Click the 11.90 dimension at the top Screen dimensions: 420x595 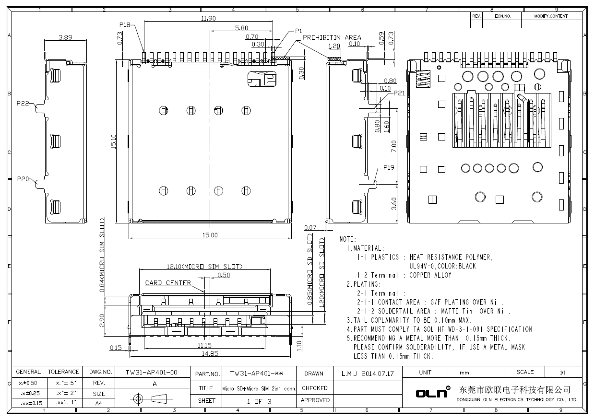click(x=208, y=18)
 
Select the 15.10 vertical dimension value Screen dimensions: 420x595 click(x=113, y=141)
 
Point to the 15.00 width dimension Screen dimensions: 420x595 click(x=210, y=235)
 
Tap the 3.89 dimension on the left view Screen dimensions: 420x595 click(x=65, y=37)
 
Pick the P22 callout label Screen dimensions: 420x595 click(x=23, y=103)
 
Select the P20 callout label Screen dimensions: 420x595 click(x=23, y=179)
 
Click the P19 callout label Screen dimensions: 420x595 click(x=389, y=168)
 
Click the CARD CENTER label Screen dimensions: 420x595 click(x=168, y=283)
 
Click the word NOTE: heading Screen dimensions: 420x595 click(x=348, y=239)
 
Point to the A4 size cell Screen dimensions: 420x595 click(x=98, y=403)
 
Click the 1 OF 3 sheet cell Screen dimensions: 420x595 click(x=259, y=401)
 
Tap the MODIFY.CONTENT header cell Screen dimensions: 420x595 click(x=551, y=16)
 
